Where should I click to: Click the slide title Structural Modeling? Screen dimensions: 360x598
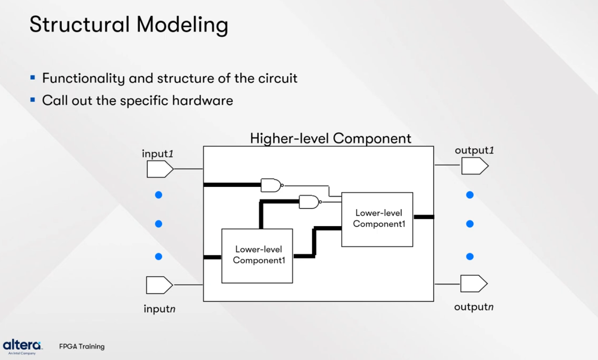[129, 25]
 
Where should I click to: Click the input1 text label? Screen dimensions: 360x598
[157, 153]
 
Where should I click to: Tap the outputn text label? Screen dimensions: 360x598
[474, 307]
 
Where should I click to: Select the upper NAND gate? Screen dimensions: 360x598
[271, 185]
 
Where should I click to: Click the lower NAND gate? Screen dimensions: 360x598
[309, 202]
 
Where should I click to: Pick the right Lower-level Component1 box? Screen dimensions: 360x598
[377, 219]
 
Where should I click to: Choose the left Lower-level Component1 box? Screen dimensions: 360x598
[257, 256]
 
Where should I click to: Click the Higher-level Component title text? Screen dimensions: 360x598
[331, 138]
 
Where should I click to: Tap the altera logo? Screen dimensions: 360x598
[22, 345]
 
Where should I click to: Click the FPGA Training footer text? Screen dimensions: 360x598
[82, 346]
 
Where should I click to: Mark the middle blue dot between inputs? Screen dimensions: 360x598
[158, 224]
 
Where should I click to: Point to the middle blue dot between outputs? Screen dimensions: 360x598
[470, 224]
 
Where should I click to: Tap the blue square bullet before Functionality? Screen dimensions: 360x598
[32, 78]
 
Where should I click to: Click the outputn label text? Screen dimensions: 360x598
[474, 307]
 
